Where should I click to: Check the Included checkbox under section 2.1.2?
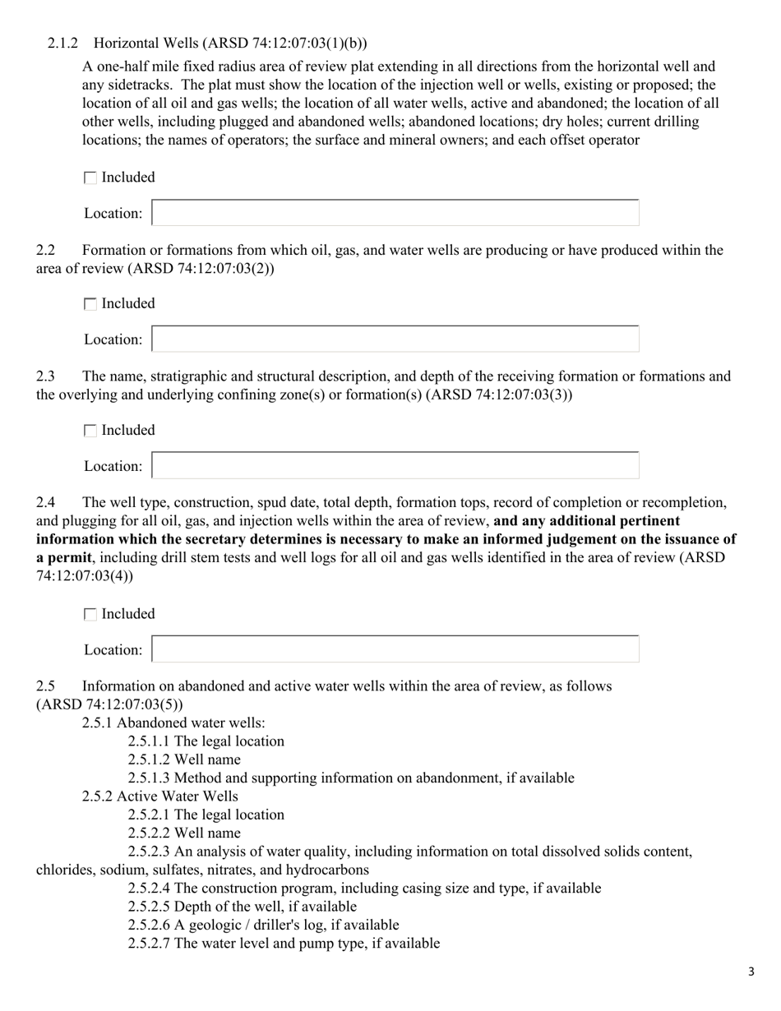click(90, 178)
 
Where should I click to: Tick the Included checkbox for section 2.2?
click(90, 304)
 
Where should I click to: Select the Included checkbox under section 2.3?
click(90, 431)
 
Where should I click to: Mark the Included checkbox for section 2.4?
click(90, 614)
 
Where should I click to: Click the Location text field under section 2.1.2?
click(395, 213)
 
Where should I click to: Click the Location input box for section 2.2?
click(395, 339)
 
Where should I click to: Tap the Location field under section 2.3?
click(395, 465)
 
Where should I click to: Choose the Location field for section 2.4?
click(395, 649)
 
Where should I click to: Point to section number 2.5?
click(46, 686)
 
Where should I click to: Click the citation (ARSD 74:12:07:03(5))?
click(109, 704)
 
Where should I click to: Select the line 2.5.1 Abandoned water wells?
click(173, 722)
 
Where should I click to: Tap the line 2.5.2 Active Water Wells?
click(160, 796)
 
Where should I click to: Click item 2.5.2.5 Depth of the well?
click(243, 907)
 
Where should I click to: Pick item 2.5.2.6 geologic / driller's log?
click(263, 925)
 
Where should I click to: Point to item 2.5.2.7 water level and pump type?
click(284, 944)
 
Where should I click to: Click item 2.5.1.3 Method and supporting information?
click(351, 778)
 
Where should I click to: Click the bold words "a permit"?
click(63, 557)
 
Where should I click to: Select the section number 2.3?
click(46, 376)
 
